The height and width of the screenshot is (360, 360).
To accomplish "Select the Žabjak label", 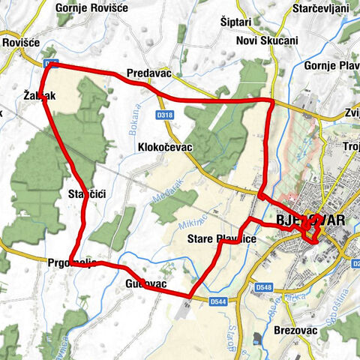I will click(40, 96).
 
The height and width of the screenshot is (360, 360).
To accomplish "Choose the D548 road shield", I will click(262, 287).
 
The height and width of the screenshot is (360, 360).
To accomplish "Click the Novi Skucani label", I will click(268, 40).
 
